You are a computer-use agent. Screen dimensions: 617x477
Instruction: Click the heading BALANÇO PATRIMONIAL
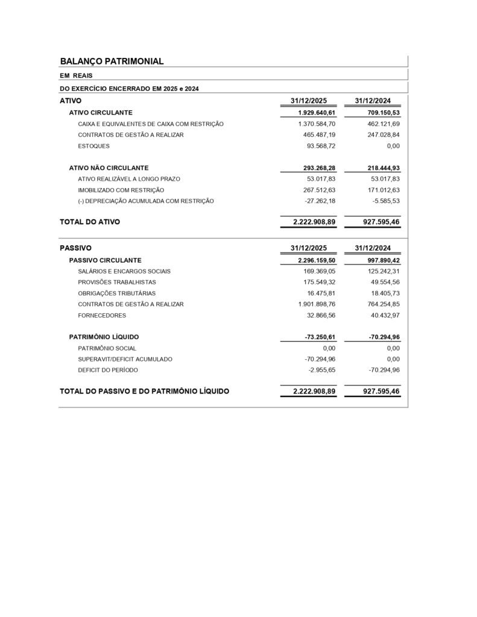(x=112, y=61)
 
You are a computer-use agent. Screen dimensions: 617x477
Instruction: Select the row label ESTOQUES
(x=94, y=146)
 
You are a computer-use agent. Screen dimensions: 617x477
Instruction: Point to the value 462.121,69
(x=379, y=124)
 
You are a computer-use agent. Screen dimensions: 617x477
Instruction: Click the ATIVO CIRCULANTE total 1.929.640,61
(x=316, y=113)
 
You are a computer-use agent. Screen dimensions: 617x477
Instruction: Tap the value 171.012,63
(x=379, y=190)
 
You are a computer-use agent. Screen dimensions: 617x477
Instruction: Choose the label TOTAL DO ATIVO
(x=90, y=222)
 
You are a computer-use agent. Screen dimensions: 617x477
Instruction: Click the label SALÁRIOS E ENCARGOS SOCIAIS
(x=124, y=271)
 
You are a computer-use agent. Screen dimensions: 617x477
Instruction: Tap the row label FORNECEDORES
(x=103, y=315)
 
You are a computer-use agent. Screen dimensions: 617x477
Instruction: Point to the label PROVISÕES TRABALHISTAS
(x=117, y=282)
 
